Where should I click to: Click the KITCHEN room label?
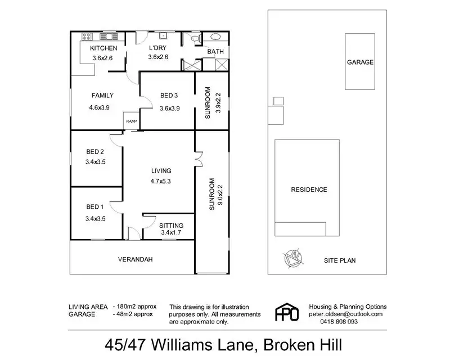coord(103,48)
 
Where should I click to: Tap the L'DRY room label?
coord(158,48)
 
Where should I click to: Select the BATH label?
coord(215,52)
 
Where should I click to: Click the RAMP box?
coord(131,121)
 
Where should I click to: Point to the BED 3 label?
coord(169,95)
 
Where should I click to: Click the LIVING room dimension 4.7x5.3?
coord(160,181)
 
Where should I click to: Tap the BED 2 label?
coord(95,151)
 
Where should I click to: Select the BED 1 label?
coord(95,206)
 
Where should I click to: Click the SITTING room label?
coord(172,225)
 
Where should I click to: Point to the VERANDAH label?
coord(136,260)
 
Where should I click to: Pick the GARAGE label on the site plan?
coord(360,62)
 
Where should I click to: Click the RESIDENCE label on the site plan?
coord(308,190)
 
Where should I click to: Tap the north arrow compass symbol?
coord(292,259)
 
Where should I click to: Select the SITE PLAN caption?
coord(340,260)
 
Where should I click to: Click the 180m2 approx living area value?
coord(134,307)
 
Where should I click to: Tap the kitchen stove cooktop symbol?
coord(88,37)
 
